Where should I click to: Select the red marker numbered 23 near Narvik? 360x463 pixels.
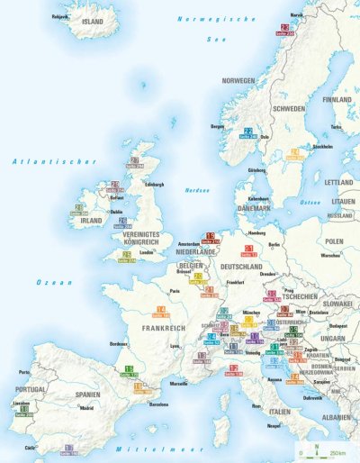click(286, 29)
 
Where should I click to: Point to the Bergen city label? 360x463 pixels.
click(217, 128)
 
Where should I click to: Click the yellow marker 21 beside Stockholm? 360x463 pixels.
click(294, 154)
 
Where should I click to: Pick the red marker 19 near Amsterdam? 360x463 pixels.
click(210, 238)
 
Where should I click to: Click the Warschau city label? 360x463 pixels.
click(329, 255)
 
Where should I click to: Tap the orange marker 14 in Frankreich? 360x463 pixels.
click(160, 311)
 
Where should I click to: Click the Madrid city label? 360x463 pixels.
click(86, 408)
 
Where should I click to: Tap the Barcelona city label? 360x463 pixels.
click(159, 404)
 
